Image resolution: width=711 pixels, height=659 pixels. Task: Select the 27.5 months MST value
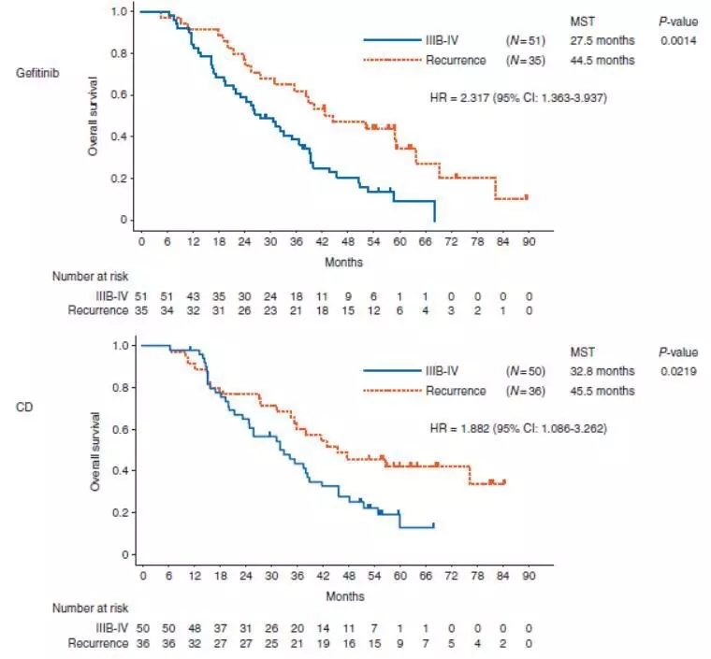tap(602, 41)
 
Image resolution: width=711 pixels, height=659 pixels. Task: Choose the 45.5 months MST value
tap(602, 391)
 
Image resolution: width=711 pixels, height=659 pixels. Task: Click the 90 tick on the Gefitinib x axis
tap(529, 241)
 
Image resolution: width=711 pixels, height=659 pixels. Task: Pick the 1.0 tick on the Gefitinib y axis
tap(121, 12)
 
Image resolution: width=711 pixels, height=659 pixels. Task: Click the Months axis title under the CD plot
tap(344, 595)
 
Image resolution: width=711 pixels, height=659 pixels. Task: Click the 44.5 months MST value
tap(602, 60)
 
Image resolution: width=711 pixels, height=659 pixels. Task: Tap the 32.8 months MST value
tap(602, 373)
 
